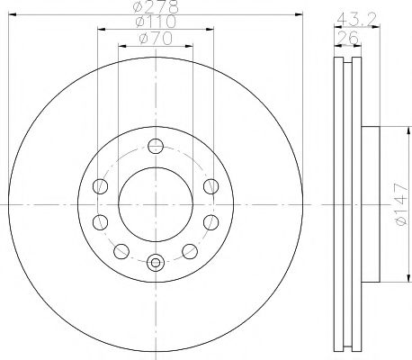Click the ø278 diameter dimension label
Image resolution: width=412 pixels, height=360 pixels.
pos(156,6)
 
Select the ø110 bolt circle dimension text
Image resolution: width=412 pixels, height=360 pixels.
pos(156,22)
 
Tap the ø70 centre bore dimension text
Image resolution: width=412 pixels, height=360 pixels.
pos(156,39)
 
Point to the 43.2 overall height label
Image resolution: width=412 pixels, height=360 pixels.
pos(356,19)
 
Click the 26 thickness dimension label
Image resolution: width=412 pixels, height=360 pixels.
pos(348,38)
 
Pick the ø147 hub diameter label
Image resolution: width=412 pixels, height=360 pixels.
pos(402,204)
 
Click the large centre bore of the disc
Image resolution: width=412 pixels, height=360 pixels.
pos(156,204)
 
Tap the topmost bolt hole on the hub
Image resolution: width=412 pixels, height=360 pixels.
pos(156,147)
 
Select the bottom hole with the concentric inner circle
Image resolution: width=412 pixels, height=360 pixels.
pos(156,263)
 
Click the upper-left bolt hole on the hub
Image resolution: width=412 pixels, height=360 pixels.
pos(100,186)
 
